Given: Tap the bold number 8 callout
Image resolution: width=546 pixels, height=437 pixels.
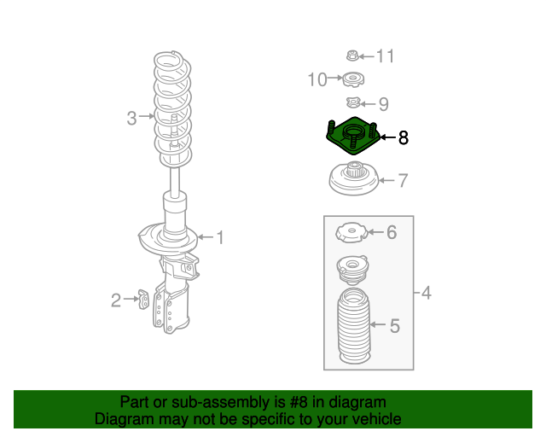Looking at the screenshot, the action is (403, 137).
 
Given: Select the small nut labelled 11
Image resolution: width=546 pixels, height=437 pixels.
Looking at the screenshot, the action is (352, 55).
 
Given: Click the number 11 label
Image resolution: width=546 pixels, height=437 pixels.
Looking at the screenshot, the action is (386, 56).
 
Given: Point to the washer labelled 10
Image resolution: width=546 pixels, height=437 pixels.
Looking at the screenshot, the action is (353, 79).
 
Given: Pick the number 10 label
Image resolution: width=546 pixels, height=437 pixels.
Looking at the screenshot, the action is (317, 79).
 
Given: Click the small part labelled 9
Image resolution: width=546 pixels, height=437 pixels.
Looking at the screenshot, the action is (352, 103).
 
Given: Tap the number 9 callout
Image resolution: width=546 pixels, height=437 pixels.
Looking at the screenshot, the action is (383, 104).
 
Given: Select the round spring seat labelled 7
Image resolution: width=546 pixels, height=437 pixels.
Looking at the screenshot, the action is (354, 178).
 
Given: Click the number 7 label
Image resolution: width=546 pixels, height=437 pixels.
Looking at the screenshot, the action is (403, 180).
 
